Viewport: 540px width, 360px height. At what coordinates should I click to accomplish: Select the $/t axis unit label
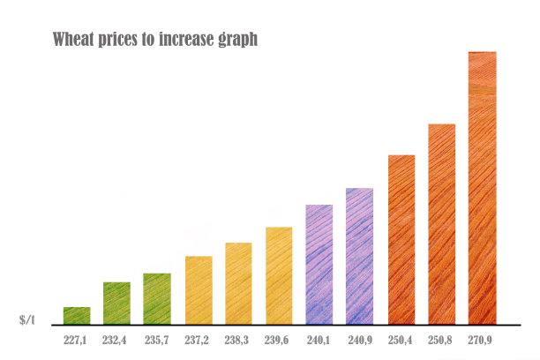pos(27,319)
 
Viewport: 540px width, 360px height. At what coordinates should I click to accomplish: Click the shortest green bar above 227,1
pos(77,315)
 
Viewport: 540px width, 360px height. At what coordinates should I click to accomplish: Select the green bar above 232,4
pos(116,303)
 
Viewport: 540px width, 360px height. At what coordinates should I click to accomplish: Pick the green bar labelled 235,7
pos(157,298)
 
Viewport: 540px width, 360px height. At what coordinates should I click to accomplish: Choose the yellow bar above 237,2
pos(199,289)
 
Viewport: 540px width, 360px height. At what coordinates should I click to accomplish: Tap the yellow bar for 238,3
pos(238,282)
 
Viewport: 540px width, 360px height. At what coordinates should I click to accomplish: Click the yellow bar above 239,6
pos(279,275)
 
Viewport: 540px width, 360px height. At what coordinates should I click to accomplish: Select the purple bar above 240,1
pos(319,264)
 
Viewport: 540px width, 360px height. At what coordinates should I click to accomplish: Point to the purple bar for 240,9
pos(359,256)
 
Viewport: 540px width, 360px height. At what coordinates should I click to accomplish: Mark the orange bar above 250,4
pos(401,239)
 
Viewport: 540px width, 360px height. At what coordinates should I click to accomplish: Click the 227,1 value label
pos(77,340)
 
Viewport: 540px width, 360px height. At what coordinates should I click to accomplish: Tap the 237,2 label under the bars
pos(199,340)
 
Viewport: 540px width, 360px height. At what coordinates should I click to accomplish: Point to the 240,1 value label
pos(319,340)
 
